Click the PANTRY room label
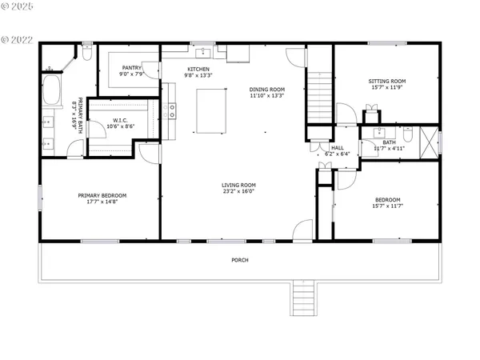(x=132, y=68)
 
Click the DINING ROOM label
(x=267, y=90)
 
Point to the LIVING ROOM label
(x=238, y=186)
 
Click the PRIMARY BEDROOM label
(x=102, y=196)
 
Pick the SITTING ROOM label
(x=387, y=81)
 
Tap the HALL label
(x=338, y=148)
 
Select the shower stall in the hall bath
(x=430, y=142)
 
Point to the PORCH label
(x=239, y=261)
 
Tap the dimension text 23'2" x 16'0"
(x=238, y=193)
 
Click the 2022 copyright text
(x=19, y=38)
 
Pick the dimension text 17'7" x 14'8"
(x=102, y=203)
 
